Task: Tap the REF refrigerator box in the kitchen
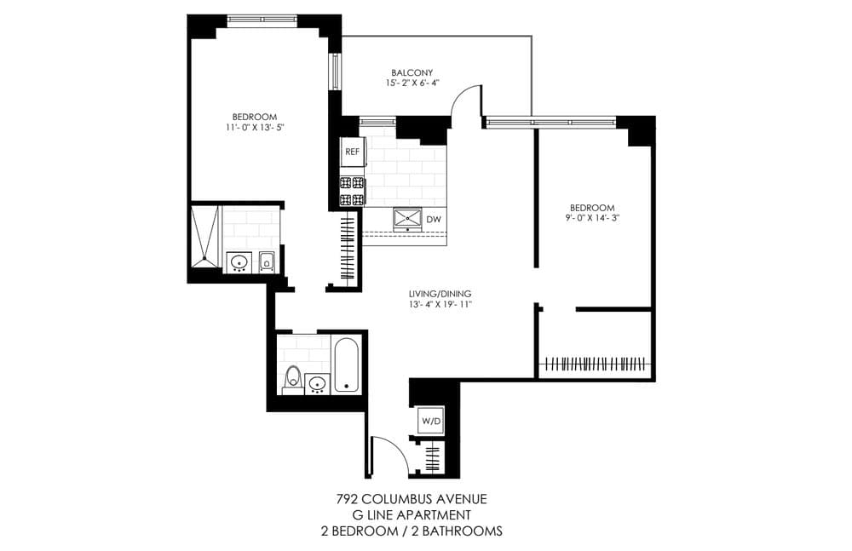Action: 351,152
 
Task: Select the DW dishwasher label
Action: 434,220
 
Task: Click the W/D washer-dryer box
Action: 428,420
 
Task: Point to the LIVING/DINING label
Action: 439,294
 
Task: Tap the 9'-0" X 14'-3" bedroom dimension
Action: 591,219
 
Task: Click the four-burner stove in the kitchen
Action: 352,191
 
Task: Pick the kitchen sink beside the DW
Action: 407,218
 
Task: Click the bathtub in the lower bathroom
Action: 347,365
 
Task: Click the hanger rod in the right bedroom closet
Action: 596,364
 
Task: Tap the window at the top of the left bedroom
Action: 262,20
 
